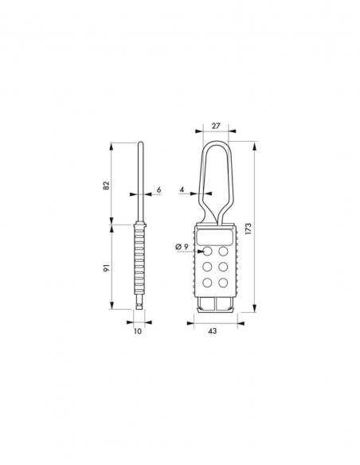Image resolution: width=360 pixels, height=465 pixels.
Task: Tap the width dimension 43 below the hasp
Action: [212, 331]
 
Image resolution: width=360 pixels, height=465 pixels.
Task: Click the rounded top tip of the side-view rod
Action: [139, 144]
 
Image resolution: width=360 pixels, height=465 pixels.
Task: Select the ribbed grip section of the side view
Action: [139, 263]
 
